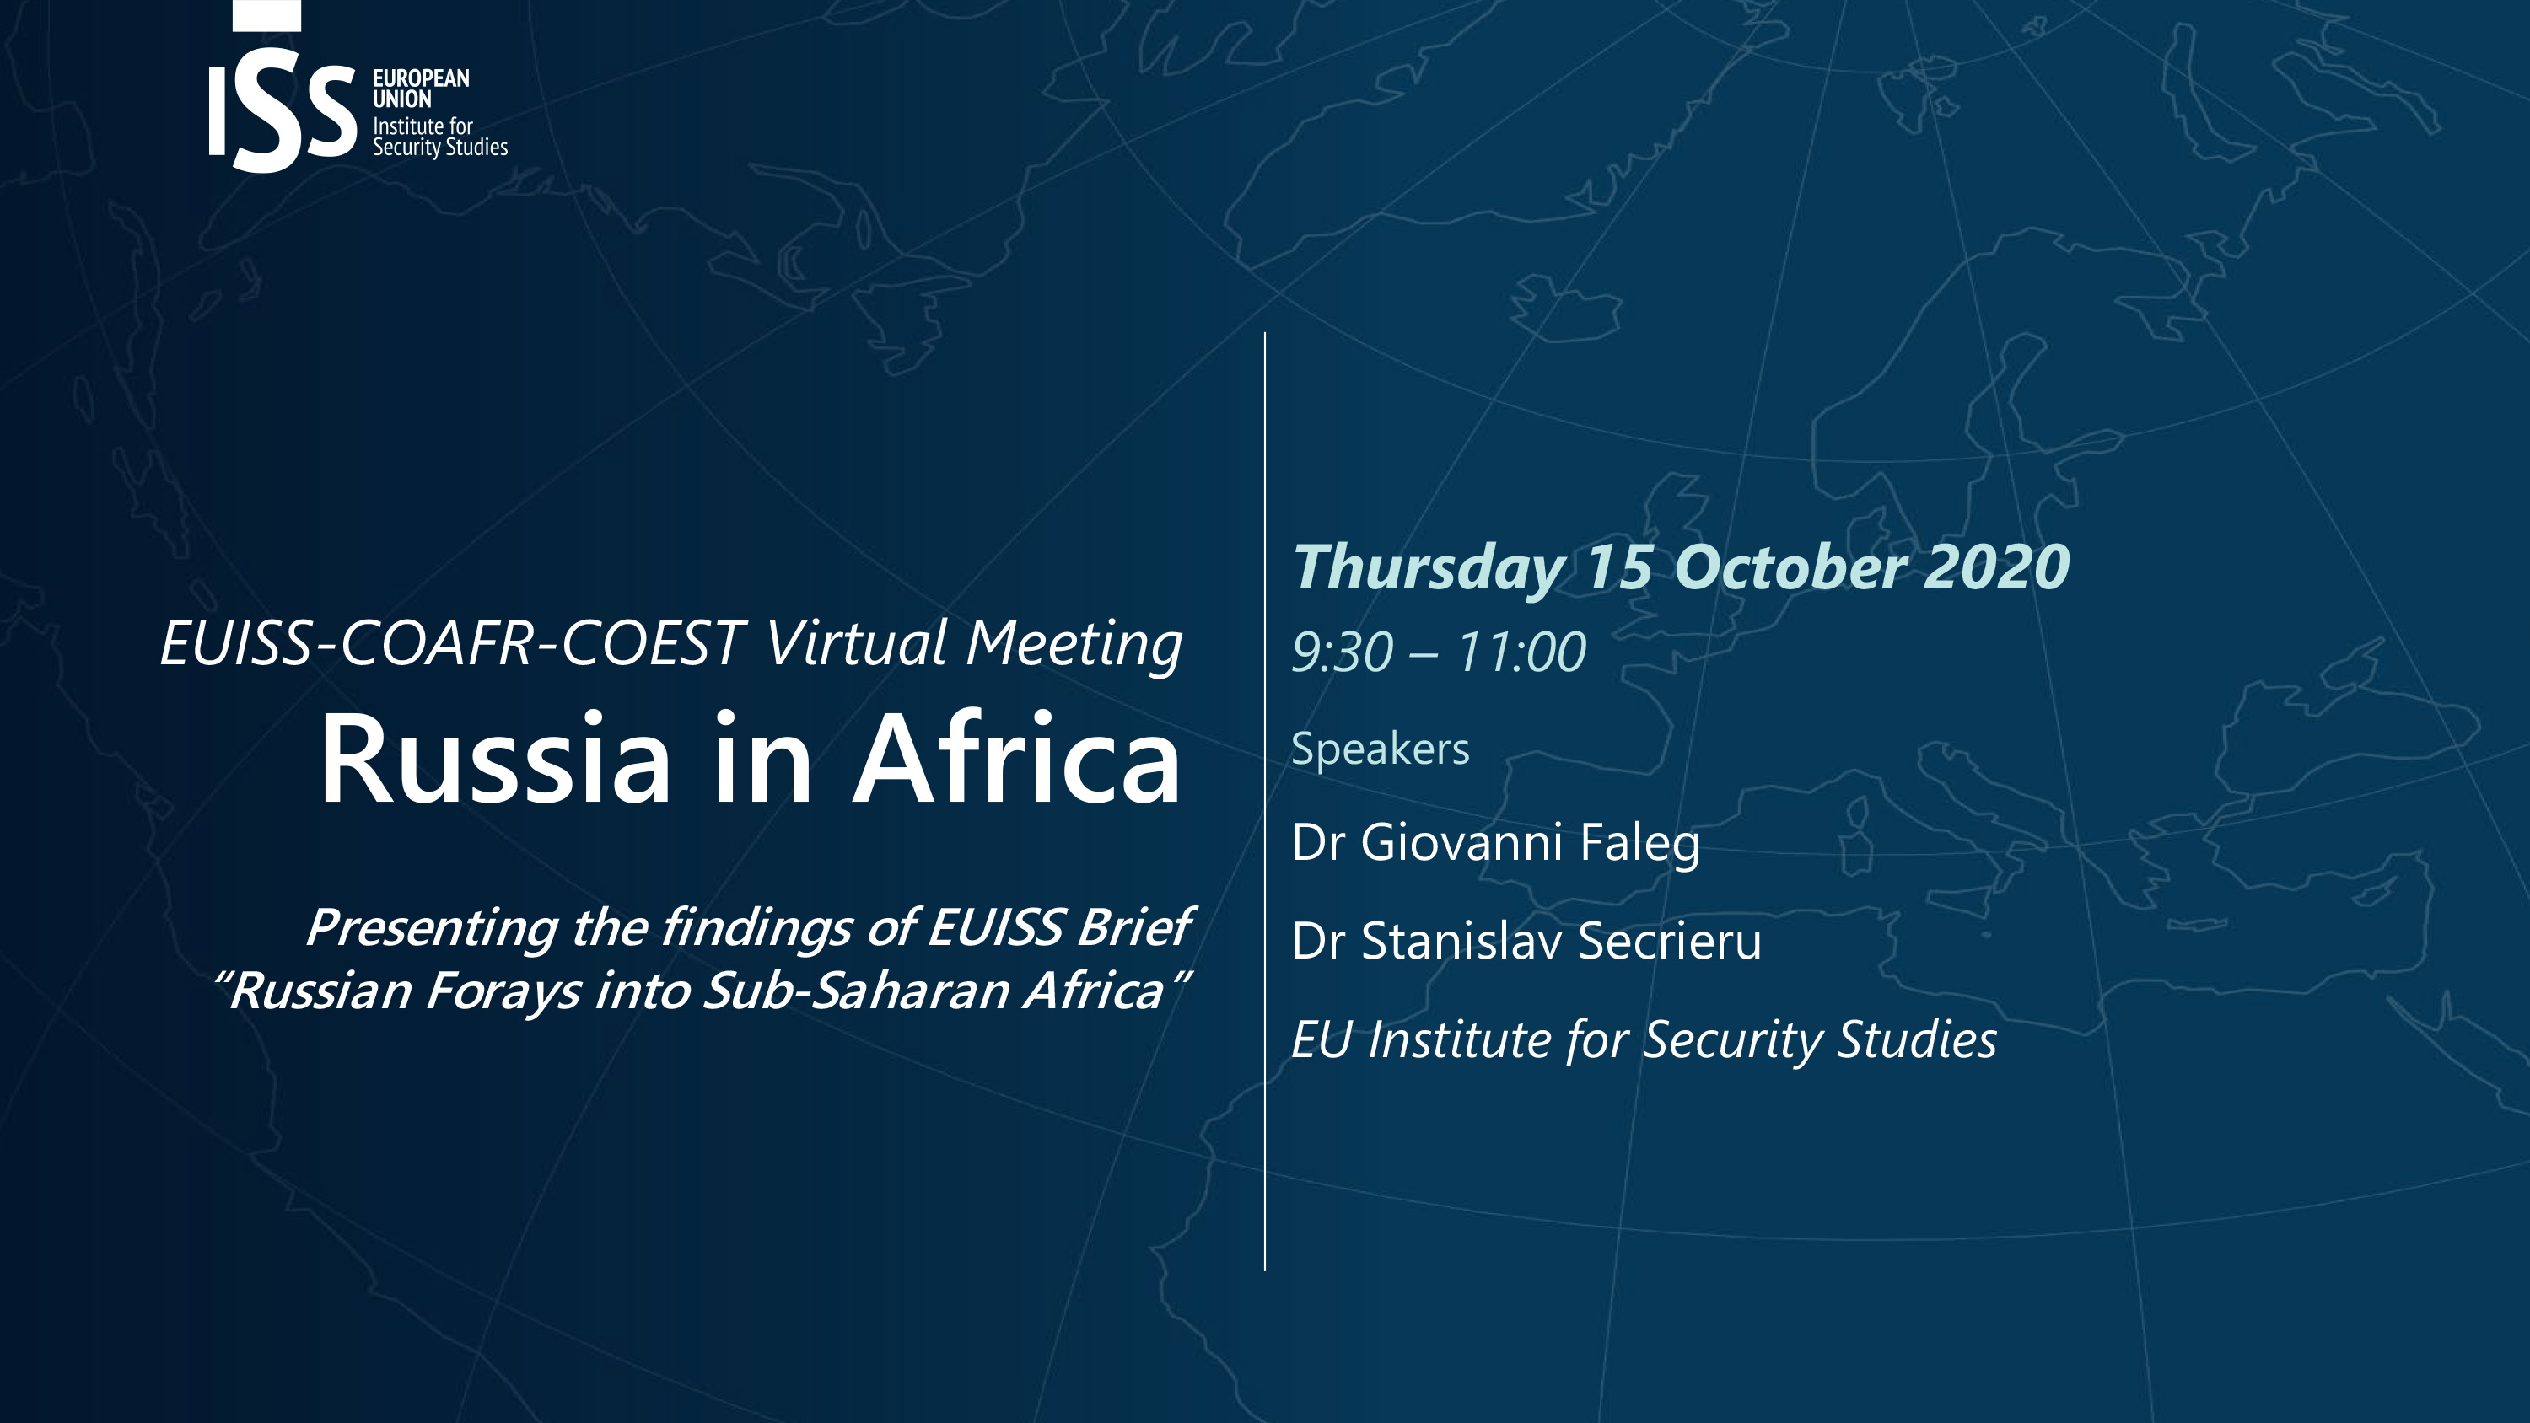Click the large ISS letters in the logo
tap(282, 98)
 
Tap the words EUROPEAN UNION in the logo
tap(420, 89)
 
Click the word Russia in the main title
tap(495, 759)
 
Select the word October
tap(1790, 567)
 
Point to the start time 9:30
tap(1343, 652)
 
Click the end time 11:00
tap(1522, 652)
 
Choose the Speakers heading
tap(1380, 749)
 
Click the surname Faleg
tap(1640, 844)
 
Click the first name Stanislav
tap(1461, 940)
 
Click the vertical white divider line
tap(1265, 802)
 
